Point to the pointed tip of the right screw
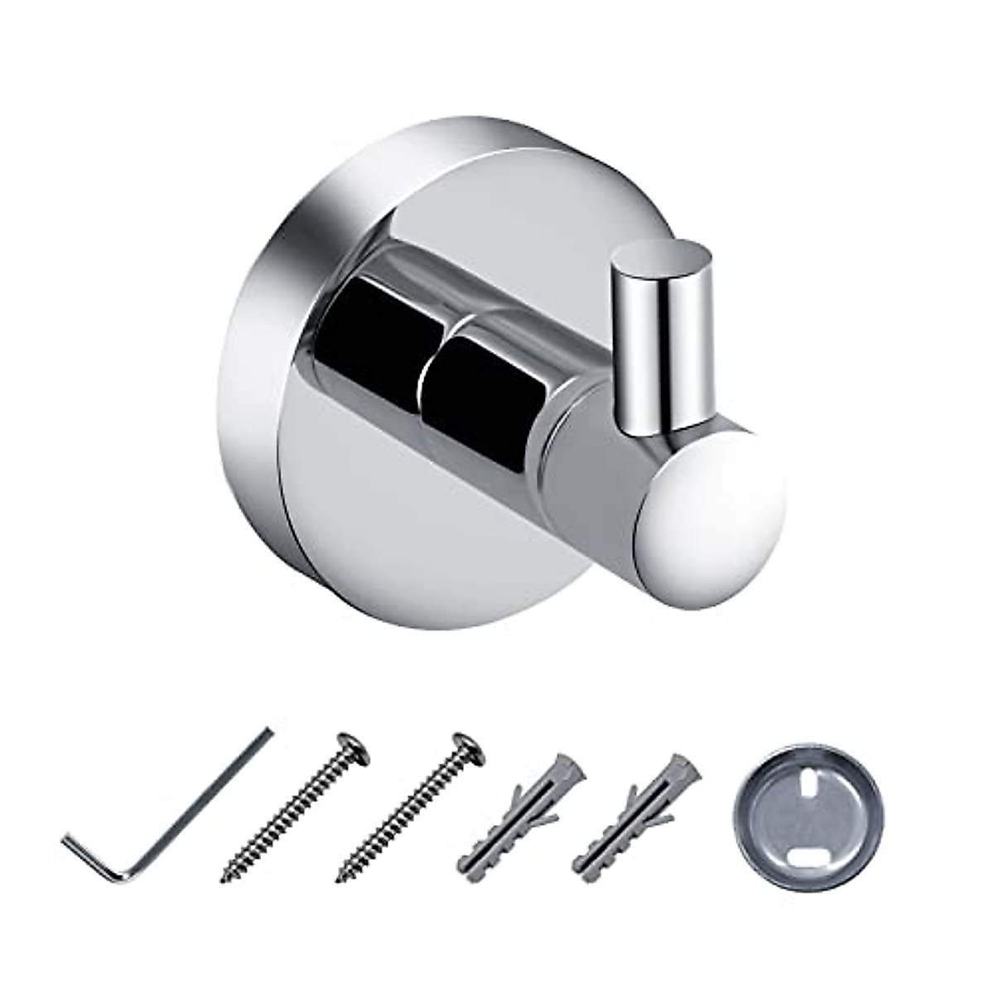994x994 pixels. point(340,876)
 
